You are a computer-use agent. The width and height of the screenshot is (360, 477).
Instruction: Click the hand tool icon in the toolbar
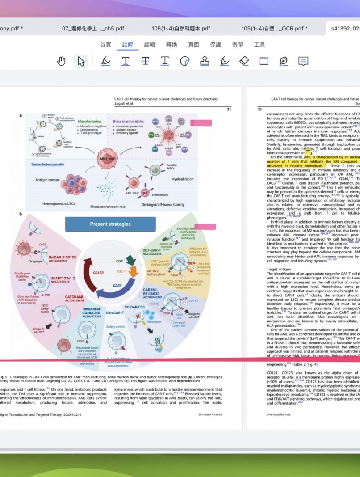(x=62, y=61)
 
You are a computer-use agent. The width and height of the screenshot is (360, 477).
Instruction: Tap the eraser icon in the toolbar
(x=244, y=61)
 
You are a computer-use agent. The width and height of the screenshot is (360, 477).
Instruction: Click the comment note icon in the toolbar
(x=303, y=61)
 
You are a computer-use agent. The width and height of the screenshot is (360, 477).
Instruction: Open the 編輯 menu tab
(x=150, y=45)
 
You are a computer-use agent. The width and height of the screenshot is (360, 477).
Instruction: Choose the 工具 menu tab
(x=260, y=45)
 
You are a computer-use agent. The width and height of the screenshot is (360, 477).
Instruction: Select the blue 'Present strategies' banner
(x=110, y=224)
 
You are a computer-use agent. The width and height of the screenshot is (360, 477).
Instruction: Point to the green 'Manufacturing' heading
(x=89, y=121)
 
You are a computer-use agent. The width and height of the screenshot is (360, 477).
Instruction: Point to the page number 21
(x=229, y=109)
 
